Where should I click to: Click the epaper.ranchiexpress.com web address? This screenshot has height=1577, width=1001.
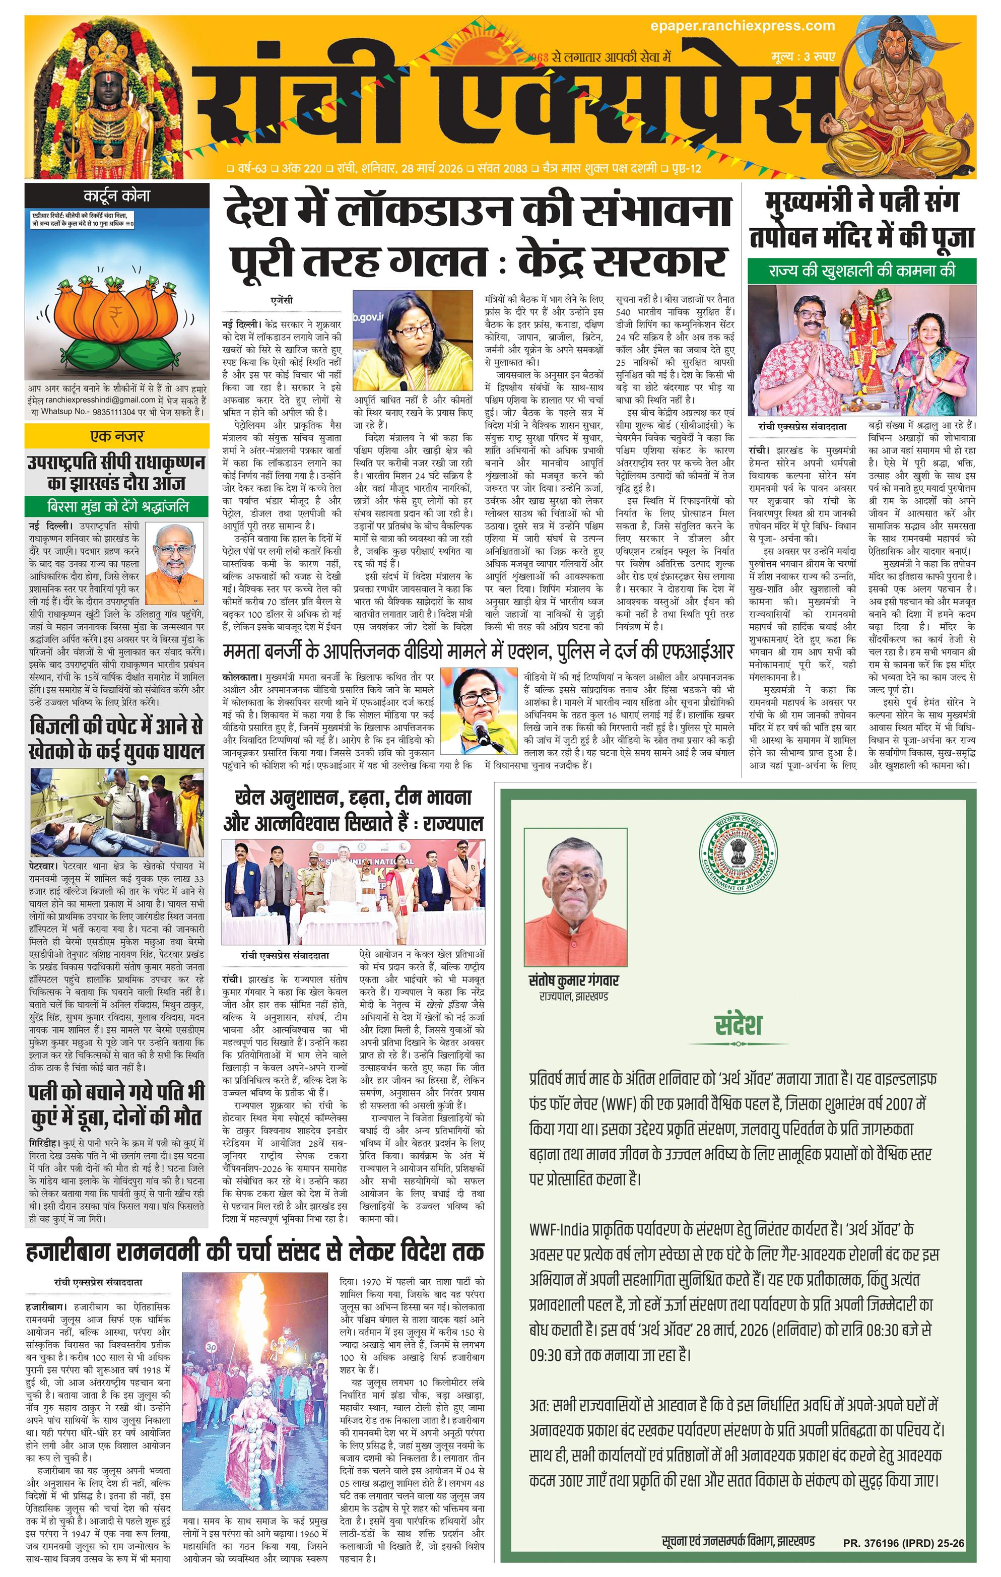point(743,26)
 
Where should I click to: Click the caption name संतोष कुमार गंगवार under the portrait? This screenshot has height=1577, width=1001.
point(573,980)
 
